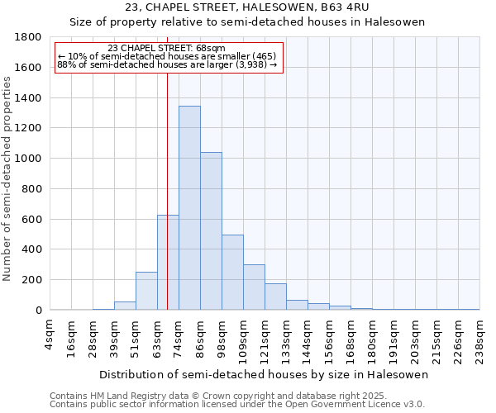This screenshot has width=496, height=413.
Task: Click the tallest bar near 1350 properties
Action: pos(189,208)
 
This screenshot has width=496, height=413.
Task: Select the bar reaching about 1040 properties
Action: pos(211,231)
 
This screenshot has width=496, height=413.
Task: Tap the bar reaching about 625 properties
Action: pos(168,263)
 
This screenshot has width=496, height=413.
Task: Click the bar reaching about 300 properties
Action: pos(254,287)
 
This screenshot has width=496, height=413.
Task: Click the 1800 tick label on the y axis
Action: pos(29,37)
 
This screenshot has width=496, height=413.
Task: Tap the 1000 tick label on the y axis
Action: pos(29,159)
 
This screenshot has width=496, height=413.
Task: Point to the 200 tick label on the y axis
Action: pos(32,280)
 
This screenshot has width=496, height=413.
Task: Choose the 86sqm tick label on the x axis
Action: pos(201,335)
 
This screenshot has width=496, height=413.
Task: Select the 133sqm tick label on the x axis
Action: pos(287,337)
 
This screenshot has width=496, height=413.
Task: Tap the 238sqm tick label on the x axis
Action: pos(480,337)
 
